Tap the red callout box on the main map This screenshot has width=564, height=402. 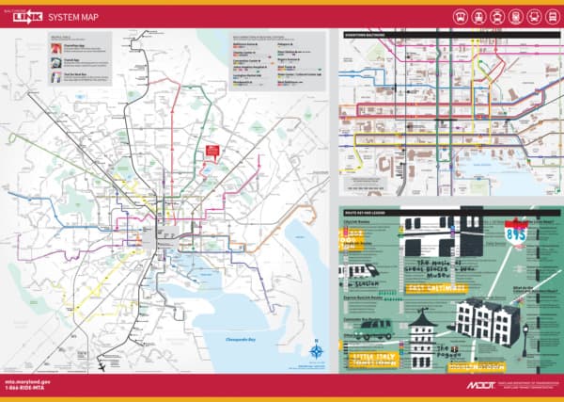pyautogui.click(x=212, y=151)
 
